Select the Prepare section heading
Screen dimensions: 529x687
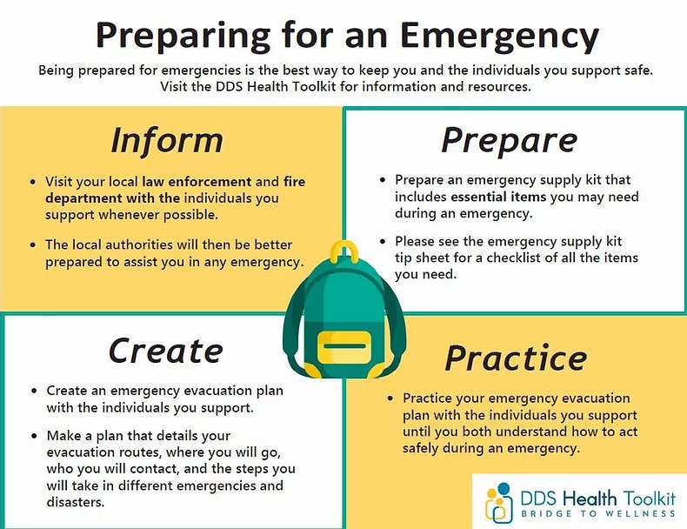coord(509,139)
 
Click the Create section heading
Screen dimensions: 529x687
coord(166,350)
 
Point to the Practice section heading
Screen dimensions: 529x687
coord(516,357)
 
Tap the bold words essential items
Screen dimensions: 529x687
coord(497,198)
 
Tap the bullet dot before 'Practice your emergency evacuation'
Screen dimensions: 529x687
coord(392,398)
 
